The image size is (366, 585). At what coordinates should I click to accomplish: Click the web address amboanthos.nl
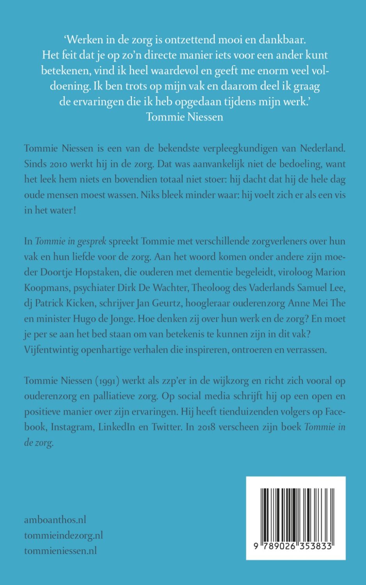coord(55,520)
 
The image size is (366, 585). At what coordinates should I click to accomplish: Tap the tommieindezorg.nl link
coord(64,535)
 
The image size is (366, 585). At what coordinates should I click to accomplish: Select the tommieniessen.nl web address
coord(60,551)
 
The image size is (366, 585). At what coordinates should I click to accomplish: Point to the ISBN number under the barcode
coord(296,546)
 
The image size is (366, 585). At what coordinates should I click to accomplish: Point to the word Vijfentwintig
coord(51,349)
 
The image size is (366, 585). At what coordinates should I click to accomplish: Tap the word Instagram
coord(72,427)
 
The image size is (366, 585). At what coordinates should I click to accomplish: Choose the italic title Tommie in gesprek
coord(71,241)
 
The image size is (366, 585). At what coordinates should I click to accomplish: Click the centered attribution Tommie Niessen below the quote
coord(185,117)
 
